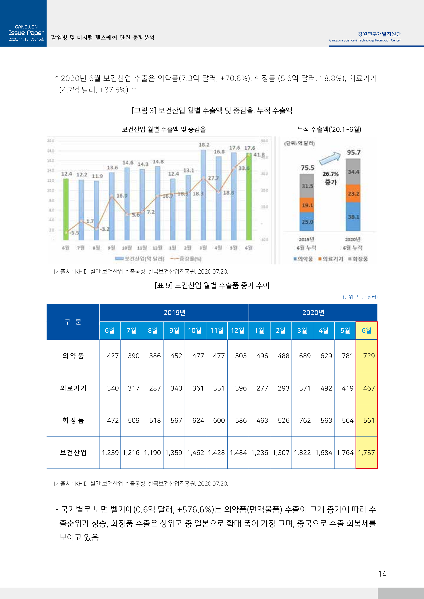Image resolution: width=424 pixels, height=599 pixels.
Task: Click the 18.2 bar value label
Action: click(x=204, y=145)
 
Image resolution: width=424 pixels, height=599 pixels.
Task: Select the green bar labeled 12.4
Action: click(x=66, y=209)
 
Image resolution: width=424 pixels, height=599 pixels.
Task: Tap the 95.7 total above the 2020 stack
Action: click(x=354, y=152)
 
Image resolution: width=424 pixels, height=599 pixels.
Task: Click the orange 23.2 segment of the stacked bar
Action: click(x=353, y=194)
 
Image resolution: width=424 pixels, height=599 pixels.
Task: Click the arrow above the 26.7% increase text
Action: click(x=330, y=158)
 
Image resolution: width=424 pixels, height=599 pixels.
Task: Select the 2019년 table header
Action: click(x=174, y=312)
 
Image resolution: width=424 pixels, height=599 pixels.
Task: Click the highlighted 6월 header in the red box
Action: click(x=366, y=330)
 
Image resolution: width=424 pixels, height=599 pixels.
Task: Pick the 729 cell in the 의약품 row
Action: click(x=369, y=356)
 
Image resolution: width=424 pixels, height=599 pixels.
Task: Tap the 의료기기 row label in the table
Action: click(x=73, y=388)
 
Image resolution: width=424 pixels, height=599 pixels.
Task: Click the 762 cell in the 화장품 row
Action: click(x=305, y=420)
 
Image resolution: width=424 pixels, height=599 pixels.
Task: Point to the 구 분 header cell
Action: click(x=73, y=322)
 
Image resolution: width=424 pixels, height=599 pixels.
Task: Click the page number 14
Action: click(x=382, y=574)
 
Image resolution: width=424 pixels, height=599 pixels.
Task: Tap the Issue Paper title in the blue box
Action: click(x=26, y=33)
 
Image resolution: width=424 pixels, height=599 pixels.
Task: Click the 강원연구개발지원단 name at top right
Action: click(x=379, y=34)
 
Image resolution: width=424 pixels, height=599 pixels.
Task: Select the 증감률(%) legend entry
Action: click(x=186, y=259)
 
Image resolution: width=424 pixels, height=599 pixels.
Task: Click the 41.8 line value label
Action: click(x=259, y=155)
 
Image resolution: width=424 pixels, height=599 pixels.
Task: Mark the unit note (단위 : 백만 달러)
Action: click(x=360, y=297)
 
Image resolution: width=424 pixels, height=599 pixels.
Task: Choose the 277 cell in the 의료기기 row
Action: click(x=262, y=388)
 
